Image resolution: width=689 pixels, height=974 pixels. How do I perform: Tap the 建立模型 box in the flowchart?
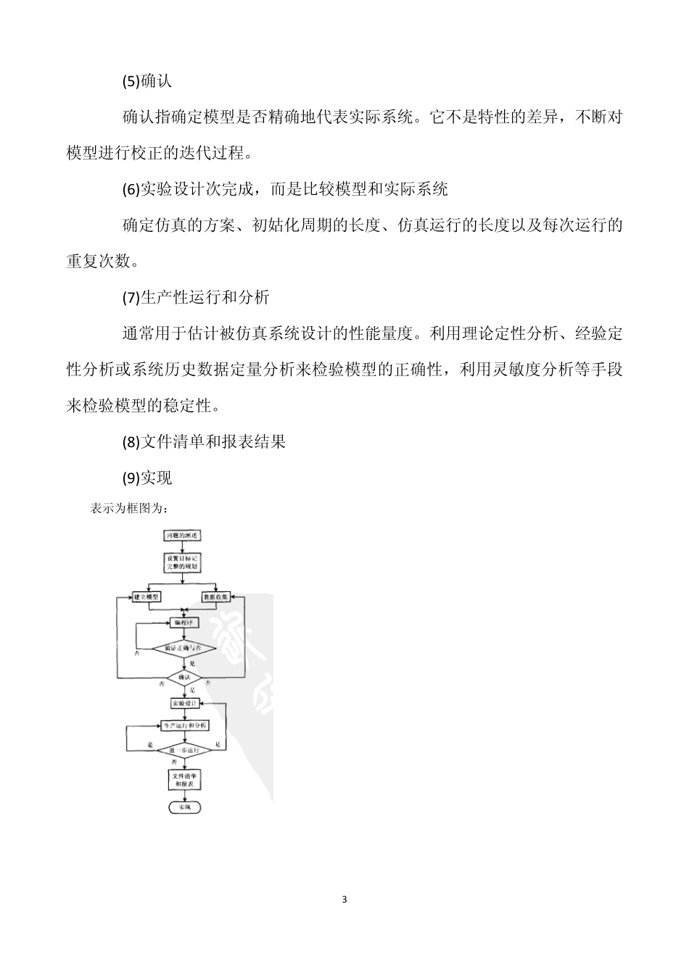[147, 596]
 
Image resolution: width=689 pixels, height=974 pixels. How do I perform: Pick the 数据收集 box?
[217, 596]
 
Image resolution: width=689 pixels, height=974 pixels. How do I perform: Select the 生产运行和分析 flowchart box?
[184, 725]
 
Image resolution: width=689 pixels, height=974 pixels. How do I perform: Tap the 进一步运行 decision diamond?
[183, 749]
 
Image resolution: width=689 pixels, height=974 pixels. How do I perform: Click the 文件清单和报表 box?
[183, 780]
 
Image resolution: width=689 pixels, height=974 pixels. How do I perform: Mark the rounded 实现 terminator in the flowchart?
[183, 807]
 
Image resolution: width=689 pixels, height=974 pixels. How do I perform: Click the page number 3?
[344, 900]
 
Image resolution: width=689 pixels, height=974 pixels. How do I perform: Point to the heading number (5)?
[131, 81]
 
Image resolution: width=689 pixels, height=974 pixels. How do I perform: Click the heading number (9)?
[131, 478]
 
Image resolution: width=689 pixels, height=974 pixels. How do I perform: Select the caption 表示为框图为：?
[129, 508]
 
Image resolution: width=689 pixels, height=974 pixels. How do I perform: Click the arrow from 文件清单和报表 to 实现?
[183, 796]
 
